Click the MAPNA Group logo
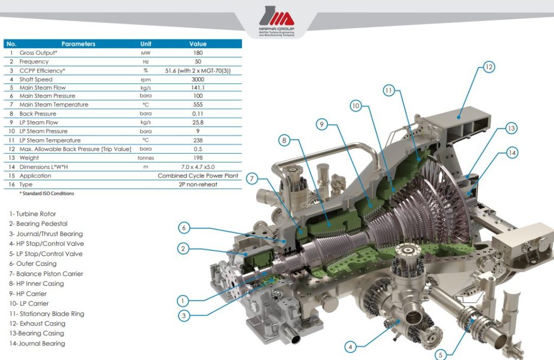click(x=276, y=21)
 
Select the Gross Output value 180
click(x=198, y=53)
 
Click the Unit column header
click(x=146, y=44)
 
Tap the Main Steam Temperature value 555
click(x=198, y=104)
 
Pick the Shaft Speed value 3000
click(x=198, y=80)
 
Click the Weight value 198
click(x=198, y=158)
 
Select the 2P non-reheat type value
click(x=198, y=184)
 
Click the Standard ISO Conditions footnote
click(x=47, y=193)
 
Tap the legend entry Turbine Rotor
click(x=33, y=214)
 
